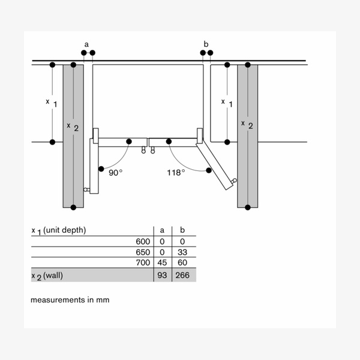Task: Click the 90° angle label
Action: click(115, 173)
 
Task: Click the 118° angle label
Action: click(176, 173)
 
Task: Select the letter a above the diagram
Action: click(86, 44)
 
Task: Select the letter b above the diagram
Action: click(206, 44)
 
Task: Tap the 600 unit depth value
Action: click(143, 242)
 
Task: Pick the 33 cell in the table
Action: click(182, 252)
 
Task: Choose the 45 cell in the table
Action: click(162, 262)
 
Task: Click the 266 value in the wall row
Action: click(182, 275)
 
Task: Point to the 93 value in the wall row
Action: click(162, 275)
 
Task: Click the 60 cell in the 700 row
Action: click(182, 262)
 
